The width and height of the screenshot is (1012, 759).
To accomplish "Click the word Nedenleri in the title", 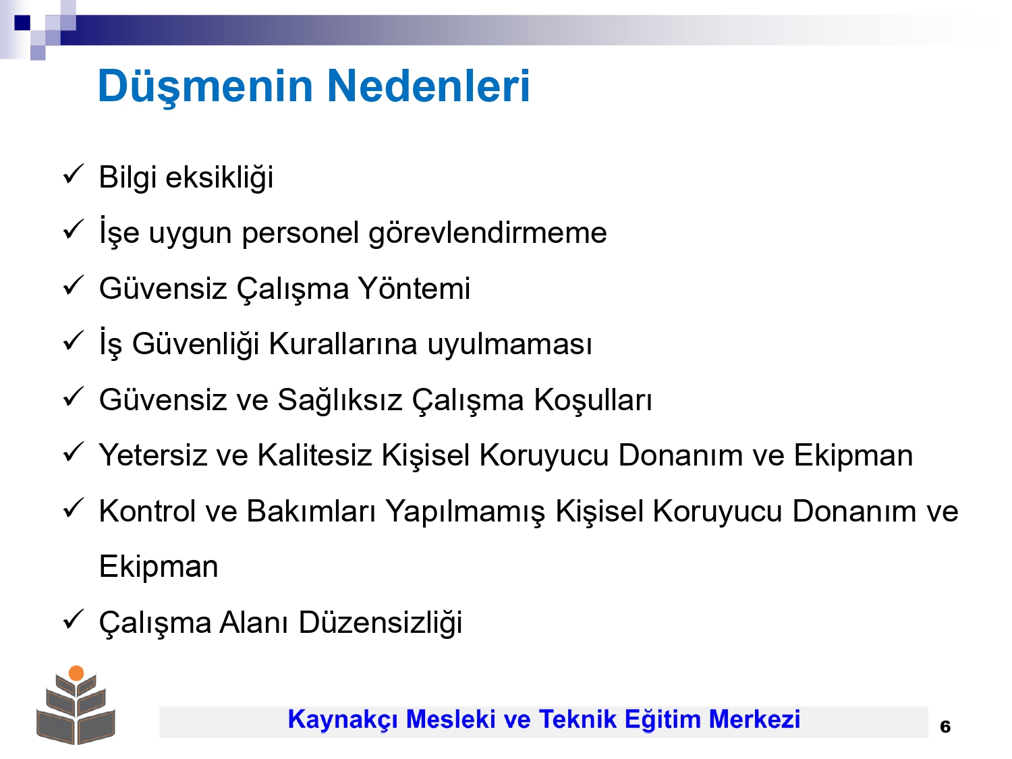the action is click(429, 86).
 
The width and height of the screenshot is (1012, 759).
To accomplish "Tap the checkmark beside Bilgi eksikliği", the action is click(73, 174).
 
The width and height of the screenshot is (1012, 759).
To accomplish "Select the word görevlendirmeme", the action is click(487, 233).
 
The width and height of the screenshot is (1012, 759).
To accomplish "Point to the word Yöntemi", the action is click(414, 289).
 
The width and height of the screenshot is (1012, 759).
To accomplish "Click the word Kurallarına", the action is click(343, 343).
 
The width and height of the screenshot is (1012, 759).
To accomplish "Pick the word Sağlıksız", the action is click(340, 400).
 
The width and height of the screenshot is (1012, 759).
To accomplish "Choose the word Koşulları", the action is click(593, 400).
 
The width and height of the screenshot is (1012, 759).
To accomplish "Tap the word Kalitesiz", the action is click(314, 455).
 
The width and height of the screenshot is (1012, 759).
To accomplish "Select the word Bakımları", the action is click(311, 511).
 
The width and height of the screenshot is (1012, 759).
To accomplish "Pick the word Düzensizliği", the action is click(381, 623).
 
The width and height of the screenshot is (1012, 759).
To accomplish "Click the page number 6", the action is click(945, 727).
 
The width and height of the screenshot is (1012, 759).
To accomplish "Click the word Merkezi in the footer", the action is click(754, 719).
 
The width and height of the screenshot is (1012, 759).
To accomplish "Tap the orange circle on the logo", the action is click(76, 673).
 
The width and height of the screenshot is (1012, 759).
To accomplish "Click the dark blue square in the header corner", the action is click(22, 22).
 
